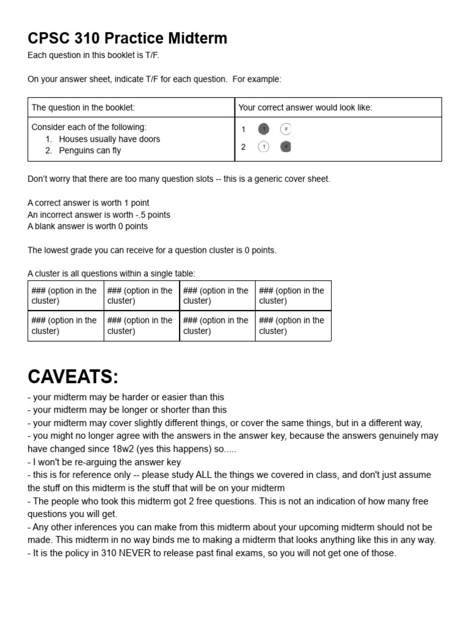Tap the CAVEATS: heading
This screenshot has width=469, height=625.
(73, 377)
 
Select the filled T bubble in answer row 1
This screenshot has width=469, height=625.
(263, 129)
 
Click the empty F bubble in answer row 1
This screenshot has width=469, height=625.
(286, 129)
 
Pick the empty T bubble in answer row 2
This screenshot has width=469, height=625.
(263, 146)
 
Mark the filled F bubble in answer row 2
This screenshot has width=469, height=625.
(286, 146)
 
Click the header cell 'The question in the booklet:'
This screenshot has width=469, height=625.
(83, 107)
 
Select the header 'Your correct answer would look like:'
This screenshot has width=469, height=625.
(305, 107)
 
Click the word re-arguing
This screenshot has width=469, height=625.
(89, 462)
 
